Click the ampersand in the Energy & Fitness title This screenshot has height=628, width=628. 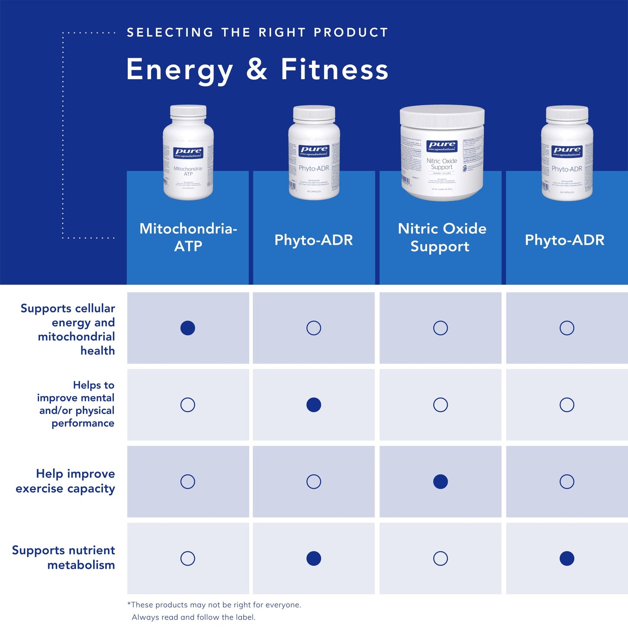coord(256,70)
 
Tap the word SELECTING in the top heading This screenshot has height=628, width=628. coord(170,33)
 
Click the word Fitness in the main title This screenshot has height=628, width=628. coord(334,70)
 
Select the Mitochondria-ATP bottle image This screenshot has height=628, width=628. coord(188,153)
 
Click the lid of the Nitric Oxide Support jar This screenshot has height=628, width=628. coord(442,116)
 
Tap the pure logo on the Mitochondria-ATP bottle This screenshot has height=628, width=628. coord(188,153)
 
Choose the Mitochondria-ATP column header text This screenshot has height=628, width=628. coord(188,237)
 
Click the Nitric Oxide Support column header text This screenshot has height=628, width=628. coord(442,237)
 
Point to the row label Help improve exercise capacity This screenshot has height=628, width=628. coord(66,481)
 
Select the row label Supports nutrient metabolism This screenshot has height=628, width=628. coord(64,558)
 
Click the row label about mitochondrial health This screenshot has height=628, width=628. coord(68,329)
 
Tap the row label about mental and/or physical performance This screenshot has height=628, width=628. coord(76,404)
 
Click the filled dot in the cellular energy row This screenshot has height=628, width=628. coord(188,328)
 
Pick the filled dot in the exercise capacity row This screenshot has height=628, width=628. coord(440,482)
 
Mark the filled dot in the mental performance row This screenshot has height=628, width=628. coord(314,405)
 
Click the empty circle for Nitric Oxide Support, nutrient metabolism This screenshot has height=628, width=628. coord(440,558)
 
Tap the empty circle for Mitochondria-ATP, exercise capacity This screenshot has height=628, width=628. coord(188,482)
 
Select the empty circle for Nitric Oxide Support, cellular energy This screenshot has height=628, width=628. coord(440,328)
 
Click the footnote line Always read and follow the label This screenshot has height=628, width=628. coord(193,617)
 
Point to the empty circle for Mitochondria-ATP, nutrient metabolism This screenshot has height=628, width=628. coord(188,558)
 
